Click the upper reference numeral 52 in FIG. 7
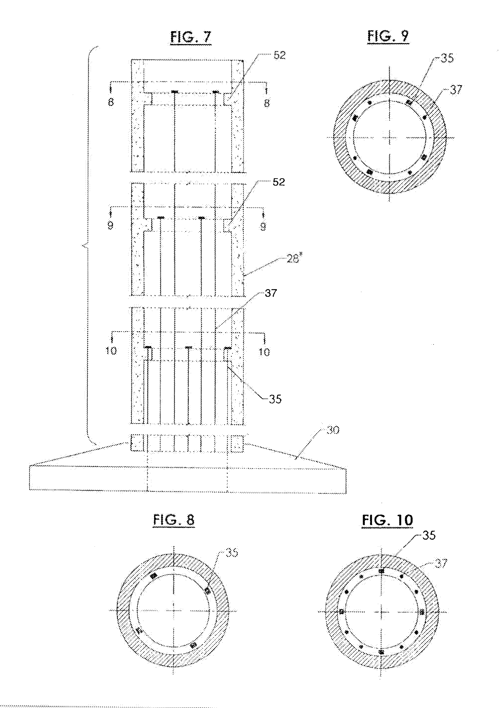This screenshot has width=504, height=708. point(279,55)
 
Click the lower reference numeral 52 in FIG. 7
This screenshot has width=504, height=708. point(279,182)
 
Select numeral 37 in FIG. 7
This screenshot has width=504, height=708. point(271,293)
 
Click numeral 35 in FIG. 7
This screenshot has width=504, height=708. point(275,399)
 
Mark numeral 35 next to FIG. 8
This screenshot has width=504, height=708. point(232,553)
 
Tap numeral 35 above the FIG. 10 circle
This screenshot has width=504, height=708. point(429,535)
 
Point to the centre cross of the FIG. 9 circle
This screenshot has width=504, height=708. point(390,137)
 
